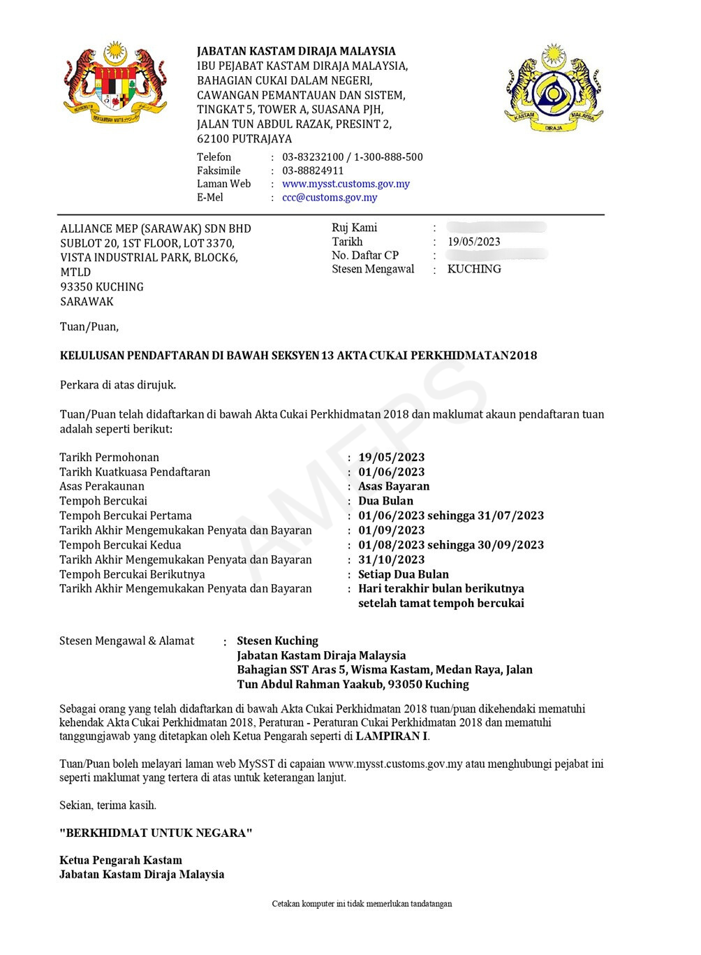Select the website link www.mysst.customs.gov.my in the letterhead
[346, 184]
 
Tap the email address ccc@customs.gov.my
[330, 197]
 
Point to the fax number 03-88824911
[313, 170]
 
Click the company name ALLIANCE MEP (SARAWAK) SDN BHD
[156, 228]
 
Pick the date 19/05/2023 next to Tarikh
[474, 242]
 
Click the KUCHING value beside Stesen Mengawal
[474, 269]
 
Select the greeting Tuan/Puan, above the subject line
[89, 326]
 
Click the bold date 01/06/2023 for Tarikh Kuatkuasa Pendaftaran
[391, 472]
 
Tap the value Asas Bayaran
[394, 486]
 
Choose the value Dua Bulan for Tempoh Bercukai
[385, 501]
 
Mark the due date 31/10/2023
[391, 560]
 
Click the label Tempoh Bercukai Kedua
[120, 545]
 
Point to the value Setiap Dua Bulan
[404, 574]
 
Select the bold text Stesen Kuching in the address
[277, 641]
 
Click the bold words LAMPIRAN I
[392, 736]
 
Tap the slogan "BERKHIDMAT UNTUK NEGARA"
[156, 833]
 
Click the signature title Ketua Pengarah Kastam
[121, 860]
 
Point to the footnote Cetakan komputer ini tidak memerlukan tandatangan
[362, 903]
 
